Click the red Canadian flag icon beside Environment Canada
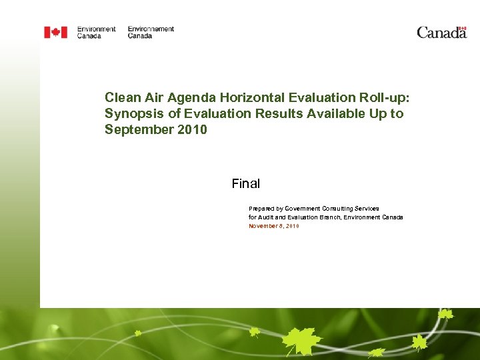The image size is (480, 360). [x=55, y=32]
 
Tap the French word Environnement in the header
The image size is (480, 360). [x=151, y=29]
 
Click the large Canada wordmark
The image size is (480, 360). [x=441, y=33]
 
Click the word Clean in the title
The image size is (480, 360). [x=123, y=97]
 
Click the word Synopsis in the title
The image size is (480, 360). [x=131, y=113]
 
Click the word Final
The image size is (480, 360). [x=245, y=183]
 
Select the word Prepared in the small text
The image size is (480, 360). [x=262, y=209]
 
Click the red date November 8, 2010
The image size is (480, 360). [x=274, y=226]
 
